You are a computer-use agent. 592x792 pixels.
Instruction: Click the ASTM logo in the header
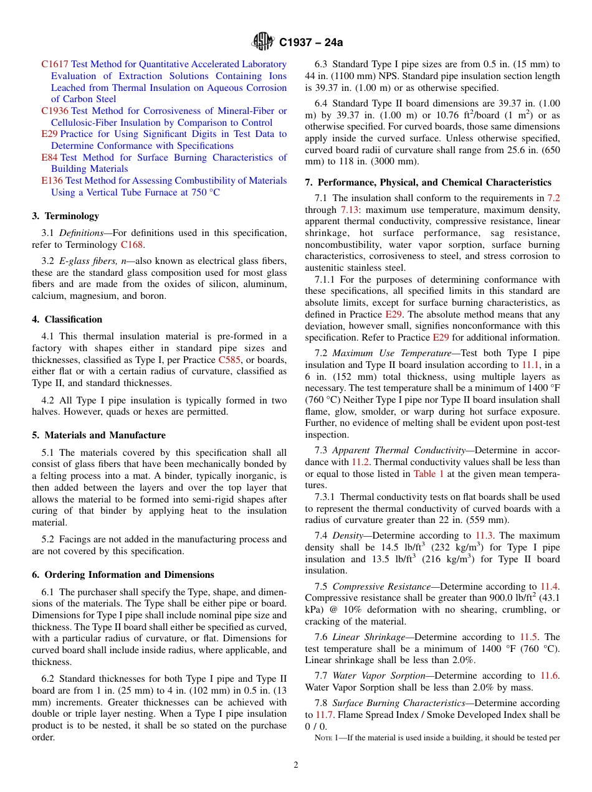coord(262,42)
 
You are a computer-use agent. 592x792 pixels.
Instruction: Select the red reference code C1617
coord(55,64)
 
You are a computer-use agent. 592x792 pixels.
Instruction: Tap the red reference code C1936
coord(55,111)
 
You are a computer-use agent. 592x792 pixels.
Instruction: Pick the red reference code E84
coord(49,158)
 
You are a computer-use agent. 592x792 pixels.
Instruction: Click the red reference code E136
coord(52,181)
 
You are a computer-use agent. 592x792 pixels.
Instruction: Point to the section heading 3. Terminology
coord(65,216)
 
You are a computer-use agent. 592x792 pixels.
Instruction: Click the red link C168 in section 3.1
coord(131,245)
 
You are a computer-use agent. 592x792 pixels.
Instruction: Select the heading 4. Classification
coord(67,319)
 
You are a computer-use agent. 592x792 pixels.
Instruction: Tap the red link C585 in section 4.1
coord(229,360)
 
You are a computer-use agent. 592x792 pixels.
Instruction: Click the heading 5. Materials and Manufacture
coord(98,435)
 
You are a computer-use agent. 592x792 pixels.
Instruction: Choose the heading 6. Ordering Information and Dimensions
coord(123,575)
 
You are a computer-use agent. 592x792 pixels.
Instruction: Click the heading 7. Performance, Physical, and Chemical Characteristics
coord(428,182)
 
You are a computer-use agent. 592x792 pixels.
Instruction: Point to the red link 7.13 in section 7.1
coord(349,210)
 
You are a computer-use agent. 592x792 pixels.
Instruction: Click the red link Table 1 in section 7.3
coord(429,473)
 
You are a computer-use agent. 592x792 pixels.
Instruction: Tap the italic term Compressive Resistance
coord(381,587)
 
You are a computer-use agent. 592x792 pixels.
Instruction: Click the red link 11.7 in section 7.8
coord(324,715)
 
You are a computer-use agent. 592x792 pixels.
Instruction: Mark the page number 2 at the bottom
coord(296,765)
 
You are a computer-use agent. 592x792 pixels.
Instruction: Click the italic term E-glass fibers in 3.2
coord(87,261)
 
